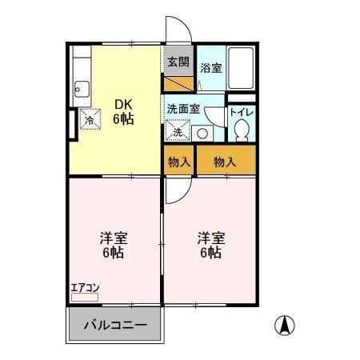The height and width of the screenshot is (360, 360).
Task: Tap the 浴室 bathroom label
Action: point(211,69)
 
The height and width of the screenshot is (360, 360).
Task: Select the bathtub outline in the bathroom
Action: point(242,69)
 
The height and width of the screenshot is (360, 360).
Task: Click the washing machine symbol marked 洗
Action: point(177,130)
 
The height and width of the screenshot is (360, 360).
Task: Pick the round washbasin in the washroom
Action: point(202,134)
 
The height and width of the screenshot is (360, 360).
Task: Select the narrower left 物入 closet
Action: point(179,162)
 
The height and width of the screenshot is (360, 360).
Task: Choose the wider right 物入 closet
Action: point(226,162)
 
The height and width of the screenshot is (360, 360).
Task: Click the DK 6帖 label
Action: point(122,111)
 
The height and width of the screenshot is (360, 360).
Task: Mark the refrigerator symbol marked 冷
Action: point(90,118)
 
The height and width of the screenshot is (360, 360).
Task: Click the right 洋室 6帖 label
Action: point(211,245)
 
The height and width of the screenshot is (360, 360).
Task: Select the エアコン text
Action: point(84,288)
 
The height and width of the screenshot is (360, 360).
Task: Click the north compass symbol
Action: point(284,325)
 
